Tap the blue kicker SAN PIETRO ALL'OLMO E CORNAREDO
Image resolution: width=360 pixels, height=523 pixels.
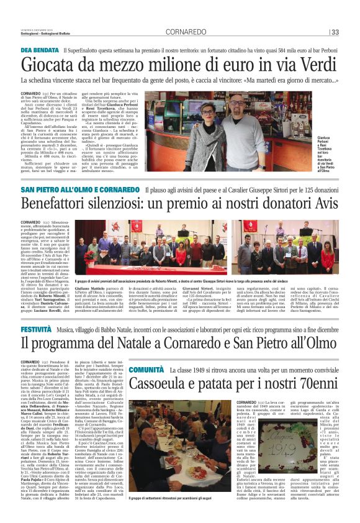pyautogui.click(x=79, y=189)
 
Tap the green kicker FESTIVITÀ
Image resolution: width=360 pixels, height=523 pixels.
pyautogui.click(x=35, y=328)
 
